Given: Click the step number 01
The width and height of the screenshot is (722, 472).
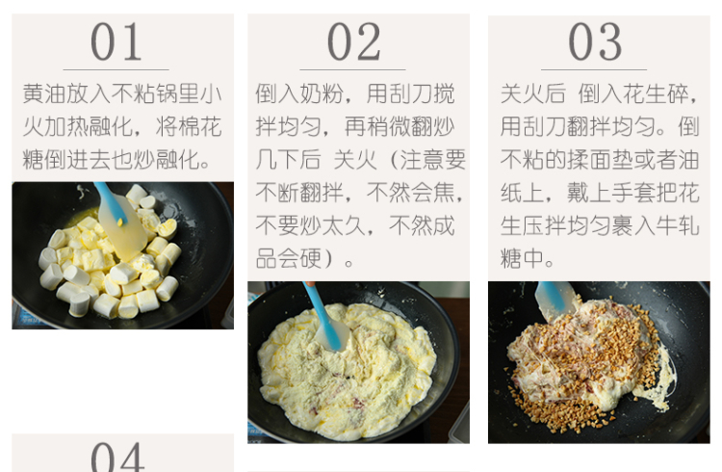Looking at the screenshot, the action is [x=116, y=42].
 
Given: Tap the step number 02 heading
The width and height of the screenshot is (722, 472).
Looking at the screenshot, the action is [x=353, y=42].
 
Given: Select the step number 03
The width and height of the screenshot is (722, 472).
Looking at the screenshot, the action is [x=595, y=42].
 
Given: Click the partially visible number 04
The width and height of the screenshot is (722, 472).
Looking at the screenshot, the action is [x=117, y=457].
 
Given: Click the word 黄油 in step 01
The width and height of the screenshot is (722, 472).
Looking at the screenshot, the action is [x=44, y=93].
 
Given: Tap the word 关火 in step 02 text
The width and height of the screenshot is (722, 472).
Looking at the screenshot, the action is [x=354, y=160].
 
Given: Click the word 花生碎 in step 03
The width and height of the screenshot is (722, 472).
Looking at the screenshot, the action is [x=656, y=93].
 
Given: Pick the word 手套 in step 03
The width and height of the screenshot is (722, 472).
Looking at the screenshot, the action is [x=633, y=193].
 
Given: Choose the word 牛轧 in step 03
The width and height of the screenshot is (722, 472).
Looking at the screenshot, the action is [x=678, y=225].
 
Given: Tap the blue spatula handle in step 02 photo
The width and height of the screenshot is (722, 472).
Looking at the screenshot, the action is [x=322, y=313].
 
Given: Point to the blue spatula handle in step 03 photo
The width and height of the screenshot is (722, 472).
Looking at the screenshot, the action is [x=553, y=296].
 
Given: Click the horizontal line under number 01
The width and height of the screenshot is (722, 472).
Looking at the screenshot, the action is [x=116, y=69].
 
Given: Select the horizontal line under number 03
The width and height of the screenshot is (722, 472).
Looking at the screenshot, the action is [x=594, y=69].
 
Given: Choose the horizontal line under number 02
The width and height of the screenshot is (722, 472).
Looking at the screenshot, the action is [x=352, y=69].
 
